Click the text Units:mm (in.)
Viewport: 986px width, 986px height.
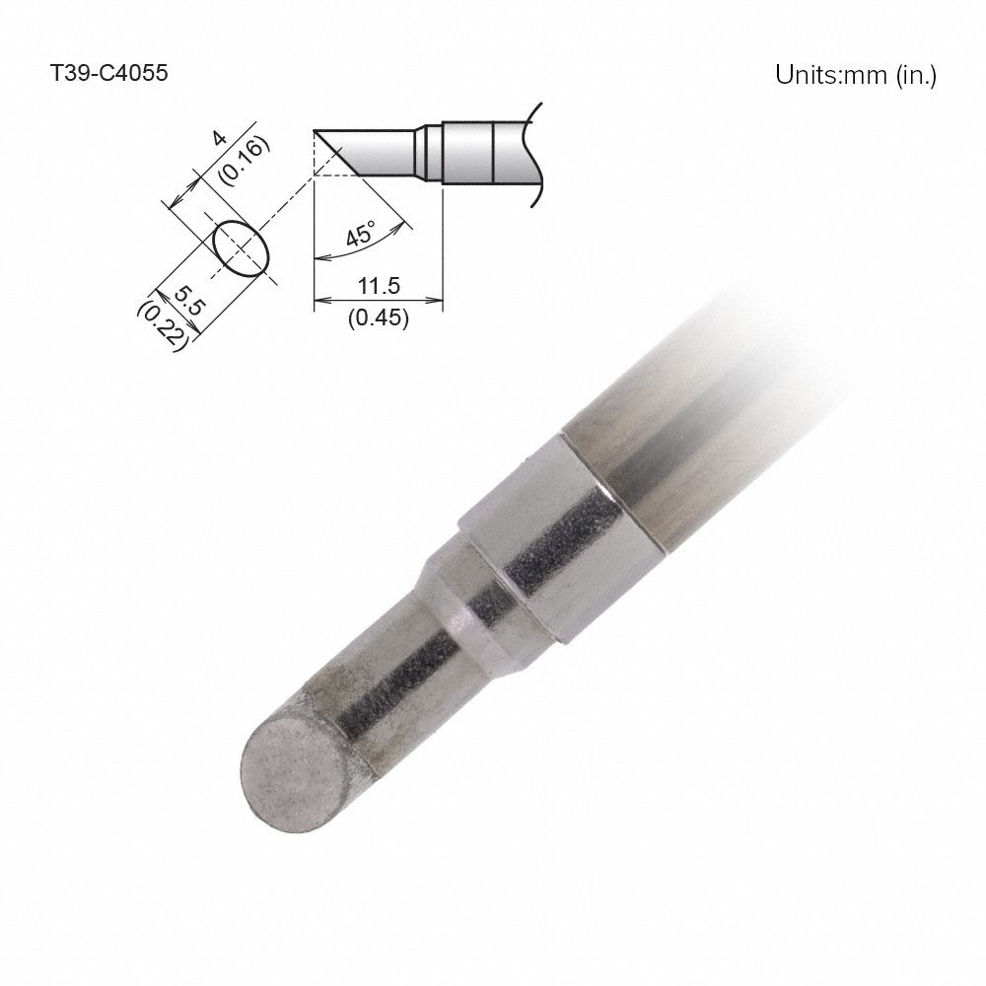click(855, 75)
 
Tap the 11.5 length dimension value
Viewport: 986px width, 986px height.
click(378, 287)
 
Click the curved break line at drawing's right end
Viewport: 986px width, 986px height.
click(537, 153)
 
